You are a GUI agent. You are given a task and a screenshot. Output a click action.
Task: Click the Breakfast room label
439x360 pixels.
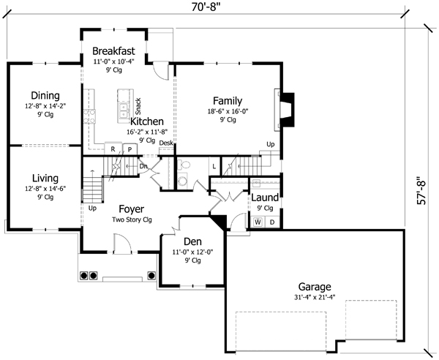point(113,50)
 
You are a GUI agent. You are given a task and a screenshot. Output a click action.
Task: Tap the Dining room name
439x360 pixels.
point(45,95)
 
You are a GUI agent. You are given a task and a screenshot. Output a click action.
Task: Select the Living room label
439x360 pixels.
point(45,178)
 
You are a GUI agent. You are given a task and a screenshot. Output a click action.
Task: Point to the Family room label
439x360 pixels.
point(228,101)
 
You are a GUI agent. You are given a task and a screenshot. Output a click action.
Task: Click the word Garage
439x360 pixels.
point(315,286)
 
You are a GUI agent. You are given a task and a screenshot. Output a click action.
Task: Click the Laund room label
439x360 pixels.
point(264,198)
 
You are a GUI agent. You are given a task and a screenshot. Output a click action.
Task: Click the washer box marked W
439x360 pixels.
point(258,222)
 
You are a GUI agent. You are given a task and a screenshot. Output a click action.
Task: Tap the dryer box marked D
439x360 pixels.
point(271,222)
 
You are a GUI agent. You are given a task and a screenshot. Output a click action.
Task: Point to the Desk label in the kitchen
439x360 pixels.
point(166,143)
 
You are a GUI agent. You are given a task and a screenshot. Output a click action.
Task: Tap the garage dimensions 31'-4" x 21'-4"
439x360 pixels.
point(315,297)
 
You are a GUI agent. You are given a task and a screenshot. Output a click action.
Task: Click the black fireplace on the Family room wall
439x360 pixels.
point(288,108)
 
